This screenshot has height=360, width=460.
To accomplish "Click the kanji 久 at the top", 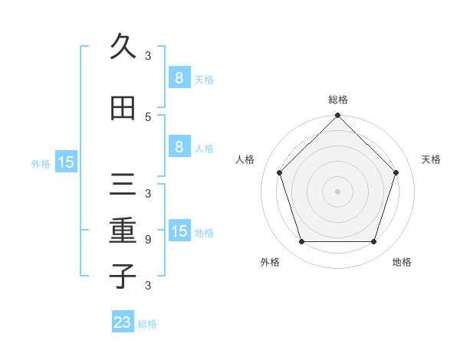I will (x=123, y=47).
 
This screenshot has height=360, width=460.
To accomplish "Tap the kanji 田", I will (x=123, y=109).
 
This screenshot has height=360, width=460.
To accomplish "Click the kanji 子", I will (x=123, y=275).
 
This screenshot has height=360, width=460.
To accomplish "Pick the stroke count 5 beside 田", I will (x=148, y=116).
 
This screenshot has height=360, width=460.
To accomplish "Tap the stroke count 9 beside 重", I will (x=148, y=240).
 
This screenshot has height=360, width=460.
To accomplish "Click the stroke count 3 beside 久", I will (x=148, y=55).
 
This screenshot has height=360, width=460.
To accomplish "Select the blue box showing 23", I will (x=123, y=322).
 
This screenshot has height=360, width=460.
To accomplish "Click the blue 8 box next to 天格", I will (x=179, y=77).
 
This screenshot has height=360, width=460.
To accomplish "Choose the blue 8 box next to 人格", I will (x=179, y=147).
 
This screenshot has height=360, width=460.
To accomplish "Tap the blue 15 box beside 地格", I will (x=179, y=231).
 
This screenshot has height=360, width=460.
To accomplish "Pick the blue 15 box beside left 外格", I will (x=65, y=162).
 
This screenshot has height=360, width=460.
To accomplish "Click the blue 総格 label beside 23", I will (x=147, y=324).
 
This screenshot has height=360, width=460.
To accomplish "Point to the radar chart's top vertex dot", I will (x=337, y=116).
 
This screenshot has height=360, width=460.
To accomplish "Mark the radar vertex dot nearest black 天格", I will (x=396, y=172).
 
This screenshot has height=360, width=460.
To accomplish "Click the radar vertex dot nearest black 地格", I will (x=374, y=242).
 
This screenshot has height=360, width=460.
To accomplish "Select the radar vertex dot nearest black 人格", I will (x=279, y=172).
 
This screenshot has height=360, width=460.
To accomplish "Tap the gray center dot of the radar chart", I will (x=337, y=191).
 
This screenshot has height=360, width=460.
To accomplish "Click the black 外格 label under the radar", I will (x=270, y=262).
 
